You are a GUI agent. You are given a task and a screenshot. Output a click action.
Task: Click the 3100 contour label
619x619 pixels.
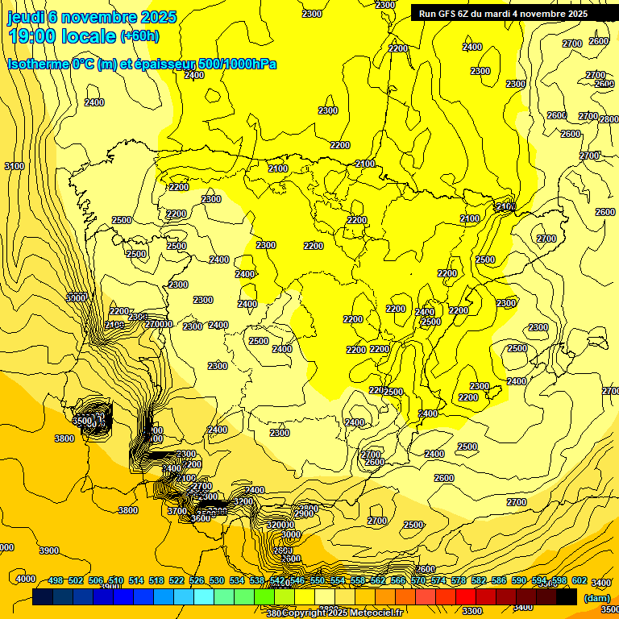[x=15, y=166]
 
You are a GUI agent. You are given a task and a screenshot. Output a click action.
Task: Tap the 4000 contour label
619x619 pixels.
[x=26, y=579]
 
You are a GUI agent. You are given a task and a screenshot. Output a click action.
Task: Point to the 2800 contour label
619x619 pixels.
[x=609, y=118]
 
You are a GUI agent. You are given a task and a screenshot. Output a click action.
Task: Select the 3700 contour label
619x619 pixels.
[x=177, y=511]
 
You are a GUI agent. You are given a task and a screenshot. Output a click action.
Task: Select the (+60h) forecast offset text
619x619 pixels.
[x=140, y=37]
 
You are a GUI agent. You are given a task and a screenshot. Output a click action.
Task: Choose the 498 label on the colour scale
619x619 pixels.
[x=56, y=580]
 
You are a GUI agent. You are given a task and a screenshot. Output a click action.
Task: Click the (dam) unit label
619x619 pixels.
[x=596, y=597]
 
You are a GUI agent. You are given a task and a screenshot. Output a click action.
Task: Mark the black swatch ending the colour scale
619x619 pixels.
[x=567, y=597]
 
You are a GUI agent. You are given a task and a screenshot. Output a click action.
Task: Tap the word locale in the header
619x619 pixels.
[x=93, y=36]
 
